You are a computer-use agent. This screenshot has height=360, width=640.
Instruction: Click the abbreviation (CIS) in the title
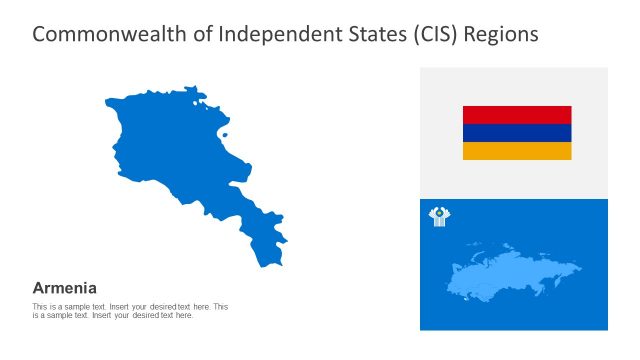pyautogui.click(x=428, y=34)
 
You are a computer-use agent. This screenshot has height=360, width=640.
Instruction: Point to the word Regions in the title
pyautogui.click(x=502, y=34)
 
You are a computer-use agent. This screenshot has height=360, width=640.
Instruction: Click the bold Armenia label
pyautogui.click(x=65, y=287)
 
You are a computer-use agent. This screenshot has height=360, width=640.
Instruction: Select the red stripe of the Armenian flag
pyautogui.click(x=516, y=114)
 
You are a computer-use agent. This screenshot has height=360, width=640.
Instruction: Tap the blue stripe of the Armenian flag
pyautogui.click(x=516, y=133)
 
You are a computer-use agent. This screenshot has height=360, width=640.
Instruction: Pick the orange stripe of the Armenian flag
pyautogui.click(x=516, y=151)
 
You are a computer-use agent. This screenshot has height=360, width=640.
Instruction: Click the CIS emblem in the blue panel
pyautogui.click(x=439, y=216)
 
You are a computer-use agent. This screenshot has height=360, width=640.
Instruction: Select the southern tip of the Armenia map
pyautogui.click(x=266, y=262)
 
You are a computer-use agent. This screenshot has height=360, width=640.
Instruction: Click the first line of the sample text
pyautogui.click(x=130, y=306)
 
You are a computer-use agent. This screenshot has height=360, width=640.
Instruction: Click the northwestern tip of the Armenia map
pyautogui.click(x=107, y=100)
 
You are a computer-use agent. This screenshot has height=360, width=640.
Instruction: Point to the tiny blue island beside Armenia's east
pyautogui.click(x=225, y=136)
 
